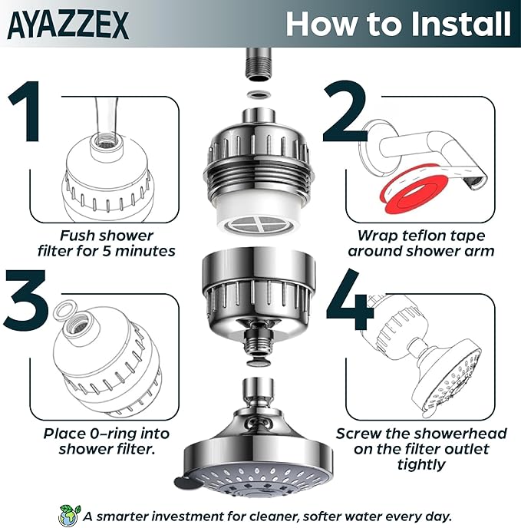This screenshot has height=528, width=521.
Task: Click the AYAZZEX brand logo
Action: (x=69, y=24)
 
